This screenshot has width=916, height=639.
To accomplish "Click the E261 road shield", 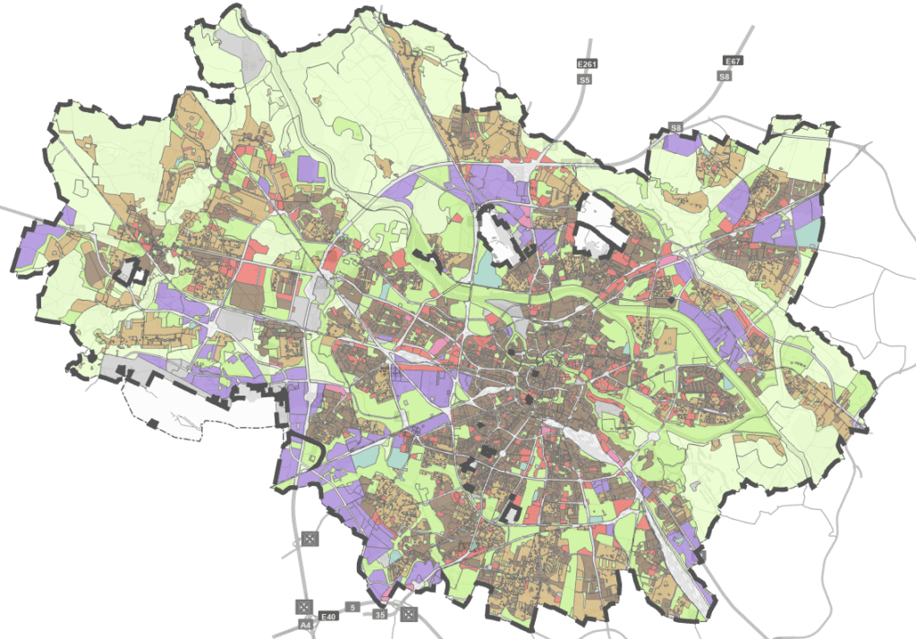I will click(587, 64).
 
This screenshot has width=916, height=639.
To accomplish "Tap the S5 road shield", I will click(585, 80).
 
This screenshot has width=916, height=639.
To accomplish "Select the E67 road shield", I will click(733, 61).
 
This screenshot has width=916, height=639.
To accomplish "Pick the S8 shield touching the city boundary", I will click(676, 129).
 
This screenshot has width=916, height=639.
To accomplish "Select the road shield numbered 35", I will click(380, 616).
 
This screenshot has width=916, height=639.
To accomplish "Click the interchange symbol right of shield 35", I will click(409, 614).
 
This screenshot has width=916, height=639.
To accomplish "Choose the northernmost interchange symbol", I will click(310, 538).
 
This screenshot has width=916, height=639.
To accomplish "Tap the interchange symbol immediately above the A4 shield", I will click(303, 606).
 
